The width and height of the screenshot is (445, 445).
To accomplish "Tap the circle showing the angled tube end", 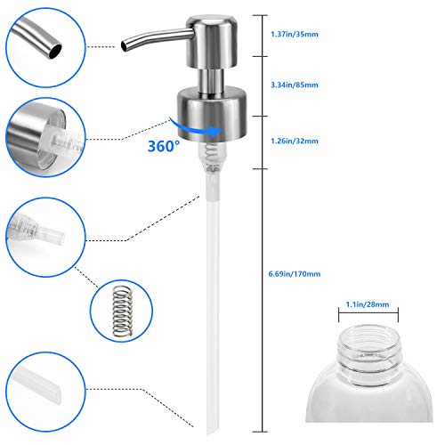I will pyautogui.click(x=43, y=392).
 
